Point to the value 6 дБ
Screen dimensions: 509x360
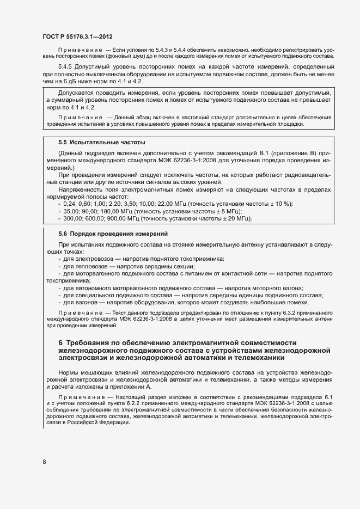tap(71, 82)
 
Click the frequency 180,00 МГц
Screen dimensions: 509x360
tap(111, 211)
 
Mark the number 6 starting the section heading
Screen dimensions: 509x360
tap(60, 343)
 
